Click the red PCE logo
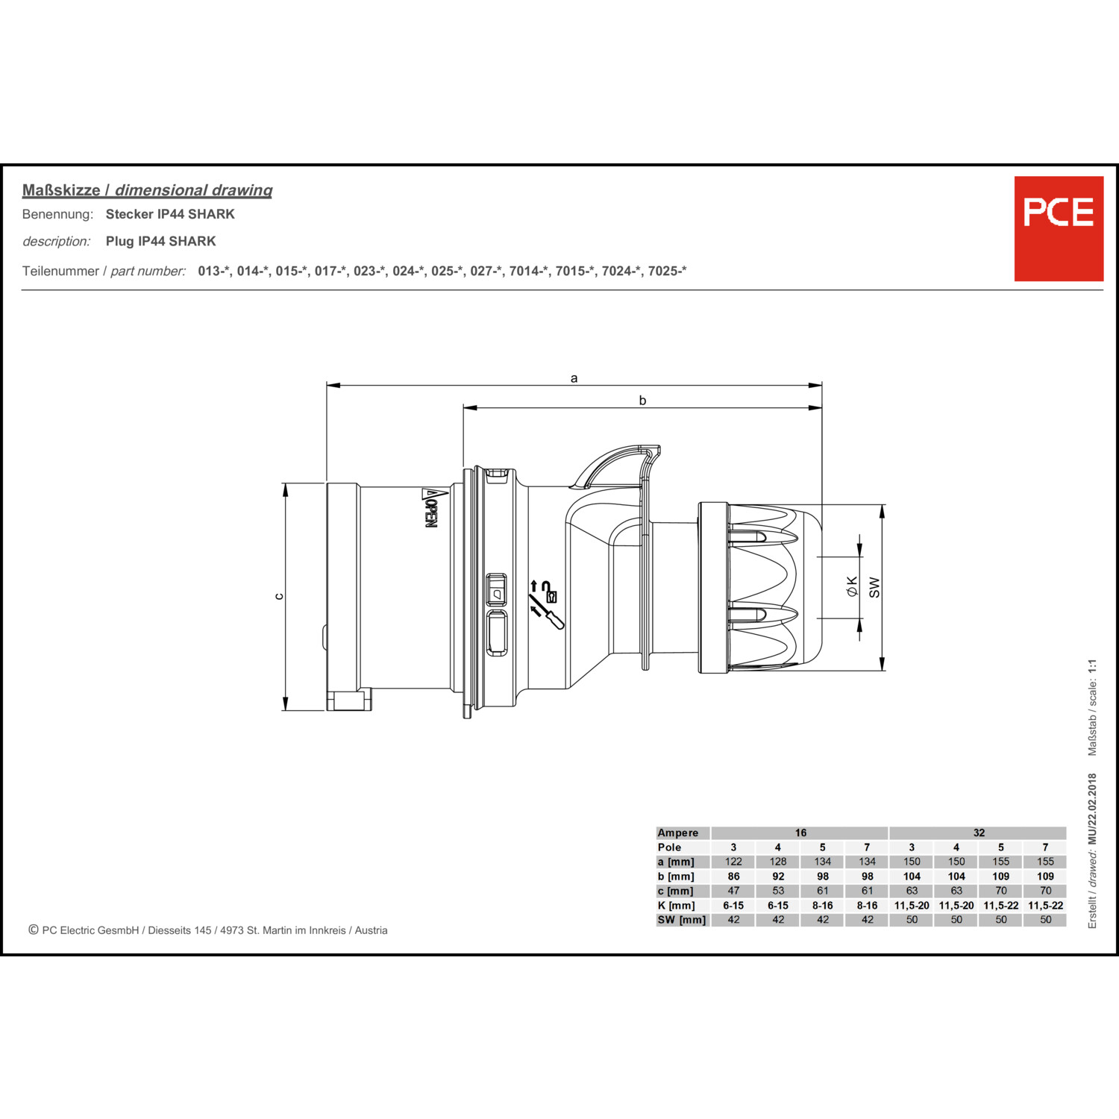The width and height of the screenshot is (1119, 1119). pyautogui.click(x=1058, y=228)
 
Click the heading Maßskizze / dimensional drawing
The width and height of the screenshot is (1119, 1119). pyautogui.click(x=147, y=190)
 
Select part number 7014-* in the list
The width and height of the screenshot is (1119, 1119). pyautogui.click(x=528, y=271)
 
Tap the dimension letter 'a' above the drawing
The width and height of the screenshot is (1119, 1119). pyautogui.click(x=574, y=378)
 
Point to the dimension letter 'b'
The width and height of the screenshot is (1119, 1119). pyautogui.click(x=642, y=401)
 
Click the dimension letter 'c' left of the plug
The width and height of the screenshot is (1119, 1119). pyautogui.click(x=279, y=596)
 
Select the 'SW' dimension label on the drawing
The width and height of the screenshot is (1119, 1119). pyautogui.click(x=874, y=587)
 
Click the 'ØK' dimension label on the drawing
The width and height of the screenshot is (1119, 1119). pyautogui.click(x=852, y=586)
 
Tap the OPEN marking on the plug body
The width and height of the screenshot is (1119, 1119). pyautogui.click(x=430, y=510)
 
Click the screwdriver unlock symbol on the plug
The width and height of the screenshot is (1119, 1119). pyautogui.click(x=545, y=605)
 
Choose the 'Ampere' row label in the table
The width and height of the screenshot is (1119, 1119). pyautogui.click(x=677, y=833)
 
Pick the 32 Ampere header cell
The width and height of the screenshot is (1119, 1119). pyautogui.click(x=978, y=833)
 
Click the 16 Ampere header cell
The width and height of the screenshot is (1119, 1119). pyautogui.click(x=800, y=833)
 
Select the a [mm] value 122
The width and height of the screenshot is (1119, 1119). pyautogui.click(x=733, y=862)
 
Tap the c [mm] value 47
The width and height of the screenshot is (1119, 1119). pyautogui.click(x=733, y=891)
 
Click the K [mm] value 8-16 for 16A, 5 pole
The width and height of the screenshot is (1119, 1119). pyautogui.click(x=822, y=906)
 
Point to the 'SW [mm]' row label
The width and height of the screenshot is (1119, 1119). pyautogui.click(x=681, y=920)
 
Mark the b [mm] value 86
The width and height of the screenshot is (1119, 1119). pyautogui.click(x=733, y=877)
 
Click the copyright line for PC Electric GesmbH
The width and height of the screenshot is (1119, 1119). pyautogui.click(x=208, y=930)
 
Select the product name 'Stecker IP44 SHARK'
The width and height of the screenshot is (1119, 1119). pyautogui.click(x=170, y=214)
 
